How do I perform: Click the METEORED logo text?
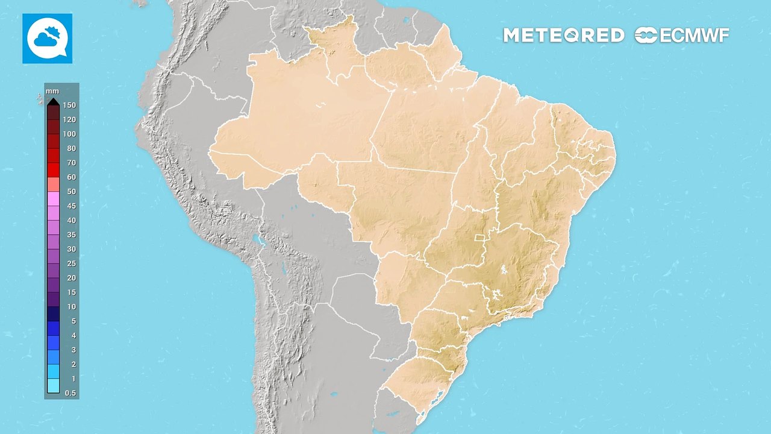pos(563,36)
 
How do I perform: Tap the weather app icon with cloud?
pos(48,39)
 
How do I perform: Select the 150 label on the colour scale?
pos(69,105)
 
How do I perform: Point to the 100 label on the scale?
pos(69,134)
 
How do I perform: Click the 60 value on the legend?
pos(71,177)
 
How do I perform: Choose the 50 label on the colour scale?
pos(71,192)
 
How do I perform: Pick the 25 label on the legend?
pos(71,263)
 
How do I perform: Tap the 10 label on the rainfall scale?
pos(71,307)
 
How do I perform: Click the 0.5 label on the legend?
pos(70,393)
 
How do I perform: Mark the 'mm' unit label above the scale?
pos(51,91)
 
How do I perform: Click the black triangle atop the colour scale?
pos(54,101)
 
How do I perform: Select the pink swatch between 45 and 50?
pos(54,199)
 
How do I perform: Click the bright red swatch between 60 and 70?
pos(54,170)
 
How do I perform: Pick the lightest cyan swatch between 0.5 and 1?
pos(54,386)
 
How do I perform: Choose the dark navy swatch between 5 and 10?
pos(54,314)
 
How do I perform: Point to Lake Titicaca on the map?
pos(259,241)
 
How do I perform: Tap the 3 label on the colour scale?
pos(73,350)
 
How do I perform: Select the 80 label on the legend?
pos(71,148)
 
